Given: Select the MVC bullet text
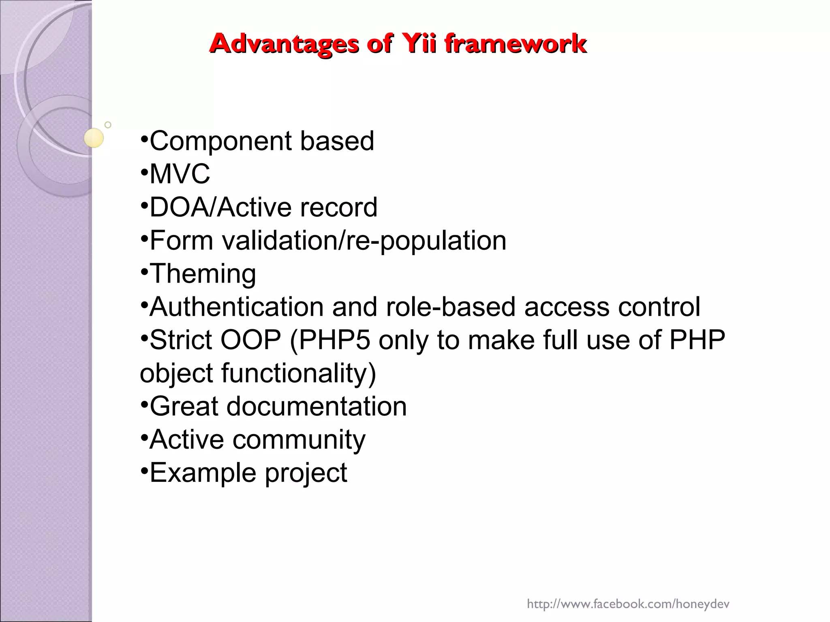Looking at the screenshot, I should tap(180, 174).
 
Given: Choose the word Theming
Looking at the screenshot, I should tap(203, 274).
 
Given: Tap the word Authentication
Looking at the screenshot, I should tap(237, 307).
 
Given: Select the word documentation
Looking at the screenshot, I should tap(317, 406).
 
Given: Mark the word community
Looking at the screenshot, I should tap(299, 440).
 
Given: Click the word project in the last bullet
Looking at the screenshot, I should tap(306, 473).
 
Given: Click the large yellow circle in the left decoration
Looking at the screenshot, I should tap(94, 138).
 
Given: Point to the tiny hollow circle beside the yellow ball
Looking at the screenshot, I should tap(108, 125).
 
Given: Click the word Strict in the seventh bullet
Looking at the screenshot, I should tap(181, 340).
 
